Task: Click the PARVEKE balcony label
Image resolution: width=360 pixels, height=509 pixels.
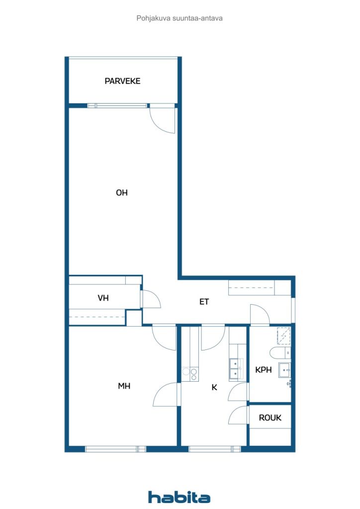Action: (x=122, y=81)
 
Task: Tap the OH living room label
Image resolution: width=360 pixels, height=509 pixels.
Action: (x=122, y=192)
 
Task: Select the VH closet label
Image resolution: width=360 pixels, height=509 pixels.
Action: (x=103, y=298)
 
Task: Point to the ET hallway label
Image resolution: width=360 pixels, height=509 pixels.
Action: (x=204, y=302)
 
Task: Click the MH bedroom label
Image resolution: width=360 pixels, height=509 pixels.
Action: (x=124, y=386)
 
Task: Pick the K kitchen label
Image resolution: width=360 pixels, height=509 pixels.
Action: (x=214, y=387)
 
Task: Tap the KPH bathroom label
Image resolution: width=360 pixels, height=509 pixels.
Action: (x=263, y=370)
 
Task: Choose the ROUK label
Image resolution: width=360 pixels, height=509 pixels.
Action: (x=270, y=418)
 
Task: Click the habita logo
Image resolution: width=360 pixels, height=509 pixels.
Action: (x=179, y=497)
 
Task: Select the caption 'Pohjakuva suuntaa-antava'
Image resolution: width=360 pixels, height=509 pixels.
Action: (x=180, y=18)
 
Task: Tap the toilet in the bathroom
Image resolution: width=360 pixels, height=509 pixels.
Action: (x=276, y=352)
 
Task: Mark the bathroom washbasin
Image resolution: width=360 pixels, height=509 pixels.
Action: (x=284, y=370)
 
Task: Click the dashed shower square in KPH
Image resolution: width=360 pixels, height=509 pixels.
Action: (x=283, y=336)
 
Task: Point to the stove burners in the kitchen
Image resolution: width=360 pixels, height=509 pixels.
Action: (x=190, y=374)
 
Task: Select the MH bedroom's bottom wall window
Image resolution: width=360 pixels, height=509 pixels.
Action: (x=115, y=449)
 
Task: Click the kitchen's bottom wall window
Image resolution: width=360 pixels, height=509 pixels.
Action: (x=215, y=449)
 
